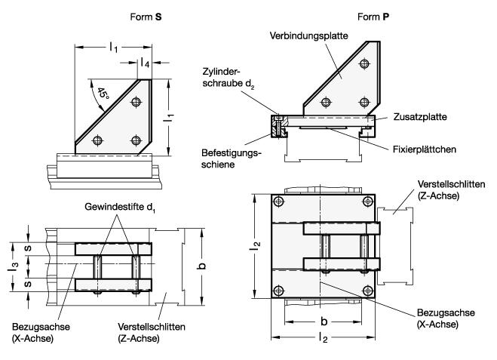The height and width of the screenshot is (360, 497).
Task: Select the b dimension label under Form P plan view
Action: (x=324, y=319)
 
